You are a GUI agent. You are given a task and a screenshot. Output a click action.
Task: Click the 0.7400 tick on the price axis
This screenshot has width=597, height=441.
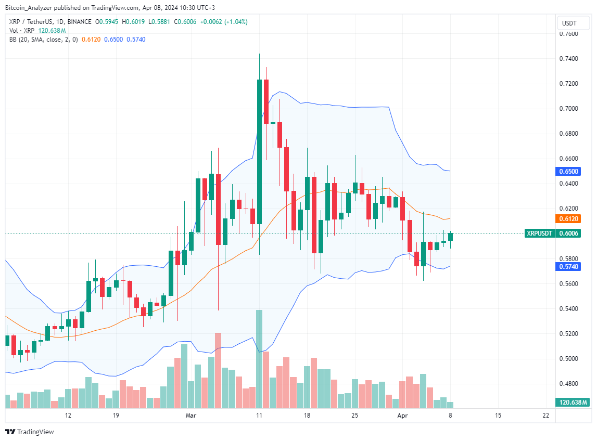click(568, 59)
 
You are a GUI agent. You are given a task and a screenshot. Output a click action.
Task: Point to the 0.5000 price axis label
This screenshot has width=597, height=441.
click(568, 359)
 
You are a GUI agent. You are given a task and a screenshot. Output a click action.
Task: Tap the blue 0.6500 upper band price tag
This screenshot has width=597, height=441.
click(568, 171)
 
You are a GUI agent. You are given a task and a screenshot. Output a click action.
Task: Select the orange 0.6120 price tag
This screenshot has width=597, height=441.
click(568, 219)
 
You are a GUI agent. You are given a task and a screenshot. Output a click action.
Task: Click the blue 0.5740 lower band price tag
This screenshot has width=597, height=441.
click(568, 266)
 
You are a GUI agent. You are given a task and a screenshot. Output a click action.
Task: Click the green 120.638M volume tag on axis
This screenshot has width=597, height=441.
click(573, 403)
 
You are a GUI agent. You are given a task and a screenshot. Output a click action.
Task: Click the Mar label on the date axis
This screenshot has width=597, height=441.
click(191, 416)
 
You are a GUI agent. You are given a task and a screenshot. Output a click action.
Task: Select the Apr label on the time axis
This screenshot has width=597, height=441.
click(402, 416)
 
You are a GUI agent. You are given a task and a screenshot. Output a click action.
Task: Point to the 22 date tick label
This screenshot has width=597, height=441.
click(545, 416)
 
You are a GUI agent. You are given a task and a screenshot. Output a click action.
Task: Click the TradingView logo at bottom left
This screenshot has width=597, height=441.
click(30, 432)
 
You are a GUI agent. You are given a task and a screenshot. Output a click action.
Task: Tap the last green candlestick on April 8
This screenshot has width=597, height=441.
click(450, 237)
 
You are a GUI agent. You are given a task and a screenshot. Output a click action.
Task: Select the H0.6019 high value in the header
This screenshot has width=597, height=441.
click(137, 22)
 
